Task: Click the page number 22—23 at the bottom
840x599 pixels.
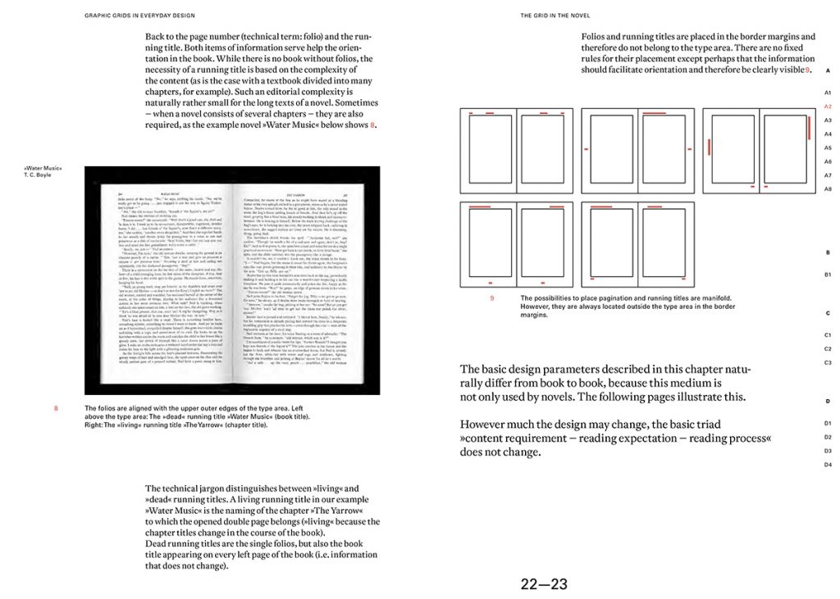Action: point(543,584)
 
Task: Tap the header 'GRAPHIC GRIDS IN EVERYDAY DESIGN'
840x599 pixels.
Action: point(139,16)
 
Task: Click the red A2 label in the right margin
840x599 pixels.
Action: point(828,107)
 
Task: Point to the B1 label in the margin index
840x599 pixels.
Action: point(828,274)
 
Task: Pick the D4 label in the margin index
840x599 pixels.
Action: point(828,465)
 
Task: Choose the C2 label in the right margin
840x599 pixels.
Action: point(828,348)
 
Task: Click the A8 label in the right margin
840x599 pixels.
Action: point(828,189)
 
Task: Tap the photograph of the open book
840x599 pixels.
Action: point(232,280)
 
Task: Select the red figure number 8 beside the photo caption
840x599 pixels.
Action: point(56,407)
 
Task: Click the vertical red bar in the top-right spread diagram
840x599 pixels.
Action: point(707,148)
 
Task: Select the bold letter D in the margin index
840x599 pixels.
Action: point(828,402)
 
